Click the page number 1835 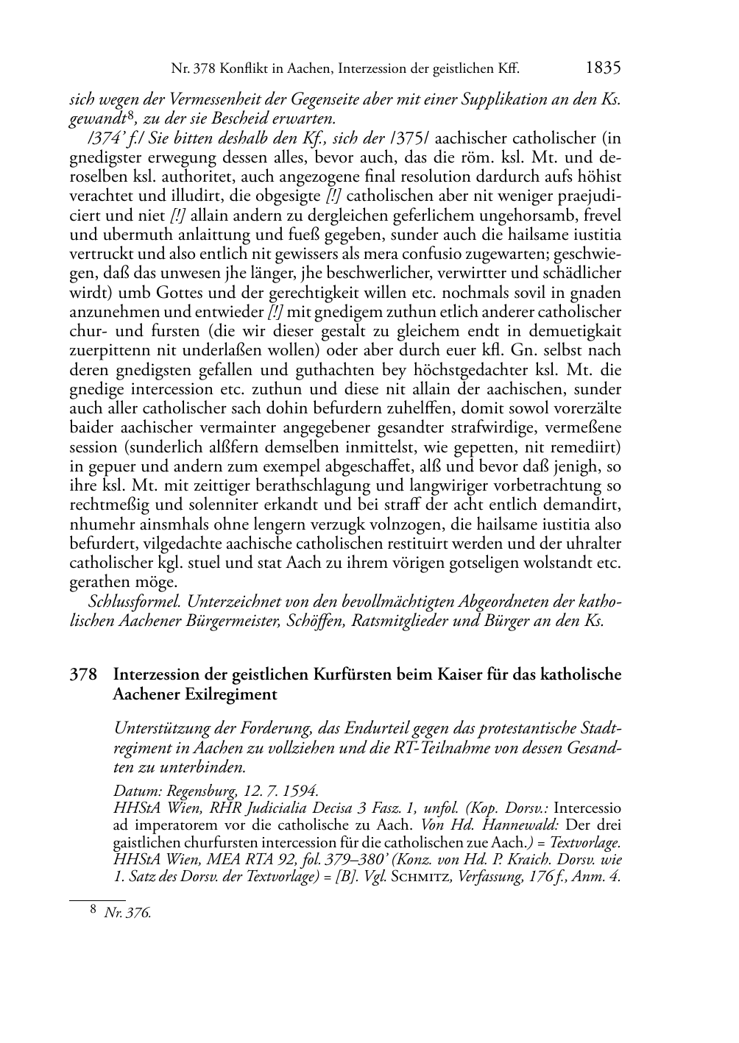[604, 68]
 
